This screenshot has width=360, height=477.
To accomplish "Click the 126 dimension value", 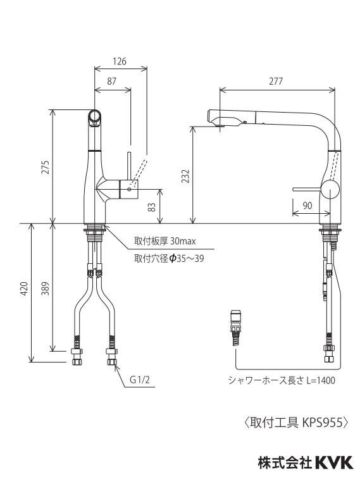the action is [120, 61].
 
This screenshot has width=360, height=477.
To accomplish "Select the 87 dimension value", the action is [112, 81].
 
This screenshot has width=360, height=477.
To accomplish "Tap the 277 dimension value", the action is [276, 81].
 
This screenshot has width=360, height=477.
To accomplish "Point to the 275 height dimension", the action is [46, 167].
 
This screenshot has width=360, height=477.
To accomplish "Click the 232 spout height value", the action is [185, 176].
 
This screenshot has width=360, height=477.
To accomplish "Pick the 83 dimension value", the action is [152, 207].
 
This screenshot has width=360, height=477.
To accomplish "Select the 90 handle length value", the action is [307, 206].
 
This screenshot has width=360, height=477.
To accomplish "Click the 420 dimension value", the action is [24, 288].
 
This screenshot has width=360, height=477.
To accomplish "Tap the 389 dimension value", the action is [46, 288].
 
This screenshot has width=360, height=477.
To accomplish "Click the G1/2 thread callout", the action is [140, 380].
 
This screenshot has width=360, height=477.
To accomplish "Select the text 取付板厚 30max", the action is [164, 241].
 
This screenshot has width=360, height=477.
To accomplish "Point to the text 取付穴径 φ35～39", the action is [169, 259].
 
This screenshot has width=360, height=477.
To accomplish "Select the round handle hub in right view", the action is [330, 189].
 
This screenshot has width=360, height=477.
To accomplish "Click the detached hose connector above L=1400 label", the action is [236, 327].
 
